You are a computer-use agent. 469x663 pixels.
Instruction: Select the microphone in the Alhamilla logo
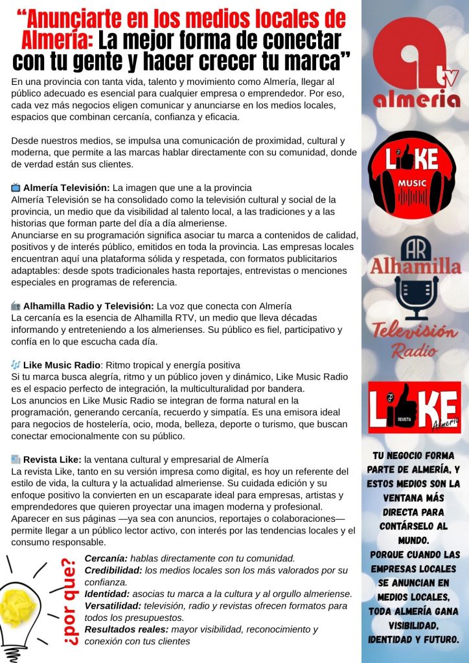click(x=415, y=295)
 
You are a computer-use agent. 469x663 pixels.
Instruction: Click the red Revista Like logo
click(x=415, y=408)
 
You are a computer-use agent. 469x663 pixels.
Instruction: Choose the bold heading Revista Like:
click(x=52, y=459)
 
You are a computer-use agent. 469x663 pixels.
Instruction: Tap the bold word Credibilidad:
click(x=113, y=570)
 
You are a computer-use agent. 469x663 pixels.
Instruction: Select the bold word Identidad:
click(x=106, y=594)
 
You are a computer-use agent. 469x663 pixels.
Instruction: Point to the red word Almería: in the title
click(x=58, y=41)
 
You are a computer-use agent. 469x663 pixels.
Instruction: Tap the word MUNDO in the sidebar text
click(x=415, y=540)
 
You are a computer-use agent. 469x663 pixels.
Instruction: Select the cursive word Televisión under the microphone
click(x=415, y=332)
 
